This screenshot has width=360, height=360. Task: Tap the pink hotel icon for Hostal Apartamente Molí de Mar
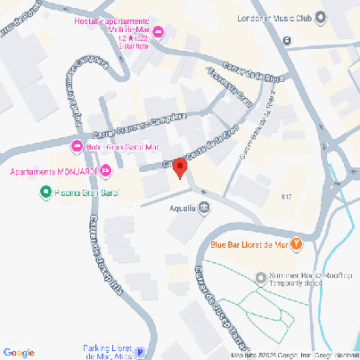(x=159, y=33)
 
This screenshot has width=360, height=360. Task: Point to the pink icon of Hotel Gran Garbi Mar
(x=76, y=146)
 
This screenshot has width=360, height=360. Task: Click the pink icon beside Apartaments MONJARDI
(x=106, y=170)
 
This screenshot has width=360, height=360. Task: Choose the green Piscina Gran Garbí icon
(x=46, y=192)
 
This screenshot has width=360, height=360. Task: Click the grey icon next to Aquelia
(x=204, y=209)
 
